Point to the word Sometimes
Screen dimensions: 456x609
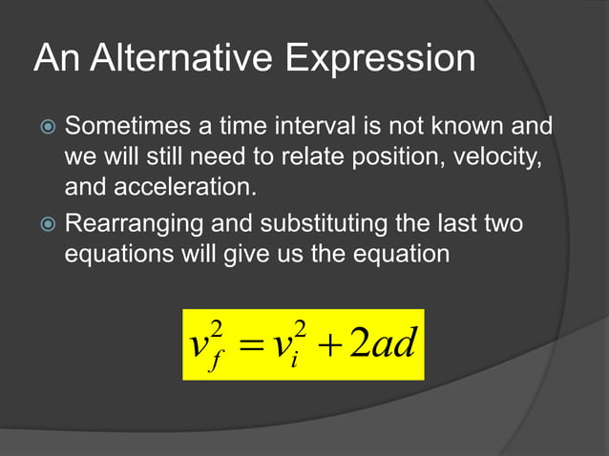pos(123,127)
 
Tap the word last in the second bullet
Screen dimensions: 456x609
pos(459,226)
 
